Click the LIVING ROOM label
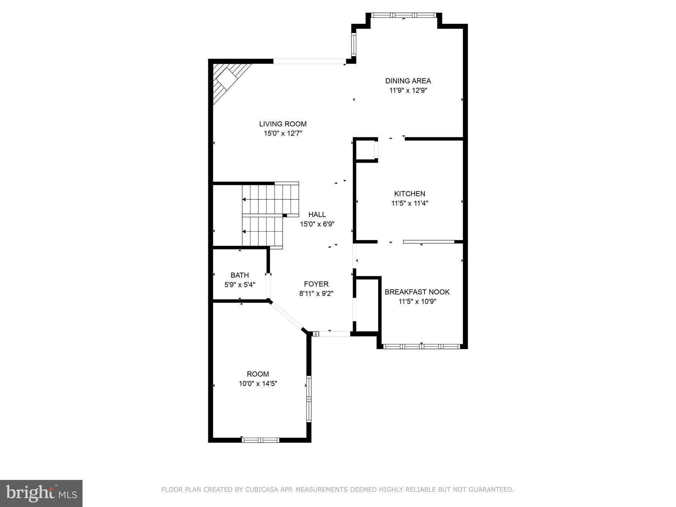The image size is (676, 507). [x=283, y=124]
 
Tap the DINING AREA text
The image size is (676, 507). [x=408, y=81]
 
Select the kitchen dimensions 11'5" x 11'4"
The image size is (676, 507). [x=410, y=203]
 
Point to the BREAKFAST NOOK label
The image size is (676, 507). [x=417, y=292]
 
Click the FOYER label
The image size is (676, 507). [x=316, y=284]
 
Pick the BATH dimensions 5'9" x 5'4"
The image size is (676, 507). [x=240, y=285]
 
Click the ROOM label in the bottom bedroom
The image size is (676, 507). [x=258, y=374]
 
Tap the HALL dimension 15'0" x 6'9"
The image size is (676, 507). [x=317, y=224]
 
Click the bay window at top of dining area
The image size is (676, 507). [x=403, y=15]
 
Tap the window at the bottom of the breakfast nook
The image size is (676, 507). [x=422, y=346]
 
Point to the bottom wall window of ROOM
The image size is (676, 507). [x=260, y=440]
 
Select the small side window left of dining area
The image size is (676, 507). [x=354, y=45]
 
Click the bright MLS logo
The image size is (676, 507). [x=41, y=493]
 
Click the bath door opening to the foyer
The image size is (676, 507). [x=268, y=286]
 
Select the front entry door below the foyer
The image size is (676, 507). [x=331, y=334]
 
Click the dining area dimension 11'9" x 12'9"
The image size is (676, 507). [x=408, y=90]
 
